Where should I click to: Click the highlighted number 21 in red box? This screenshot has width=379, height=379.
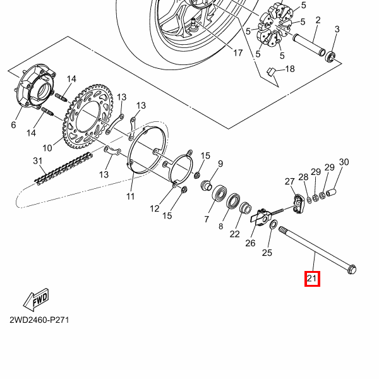[312, 279]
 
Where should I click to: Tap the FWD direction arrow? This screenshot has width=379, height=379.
[36, 299]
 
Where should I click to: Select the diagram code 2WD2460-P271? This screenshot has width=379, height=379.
[39, 320]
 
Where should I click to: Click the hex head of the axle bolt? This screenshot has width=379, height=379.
[352, 270]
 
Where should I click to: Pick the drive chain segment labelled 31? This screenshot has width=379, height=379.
[63, 169]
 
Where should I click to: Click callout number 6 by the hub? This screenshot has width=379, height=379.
[13, 124]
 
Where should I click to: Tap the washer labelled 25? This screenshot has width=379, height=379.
[274, 224]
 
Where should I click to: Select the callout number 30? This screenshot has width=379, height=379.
[344, 162]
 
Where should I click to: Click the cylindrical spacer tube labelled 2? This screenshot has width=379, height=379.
[309, 45]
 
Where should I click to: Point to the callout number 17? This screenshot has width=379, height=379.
[238, 52]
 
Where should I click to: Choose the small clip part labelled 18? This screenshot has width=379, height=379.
[270, 72]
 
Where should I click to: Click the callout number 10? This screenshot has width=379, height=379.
[47, 148]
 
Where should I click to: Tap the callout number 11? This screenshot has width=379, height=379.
[130, 196]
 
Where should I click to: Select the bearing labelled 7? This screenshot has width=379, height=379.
[220, 193]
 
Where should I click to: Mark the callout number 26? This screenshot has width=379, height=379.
[250, 243]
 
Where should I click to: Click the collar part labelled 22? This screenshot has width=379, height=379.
[245, 208]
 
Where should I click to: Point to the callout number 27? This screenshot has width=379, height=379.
[289, 181]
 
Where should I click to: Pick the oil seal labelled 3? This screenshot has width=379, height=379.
[330, 57]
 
